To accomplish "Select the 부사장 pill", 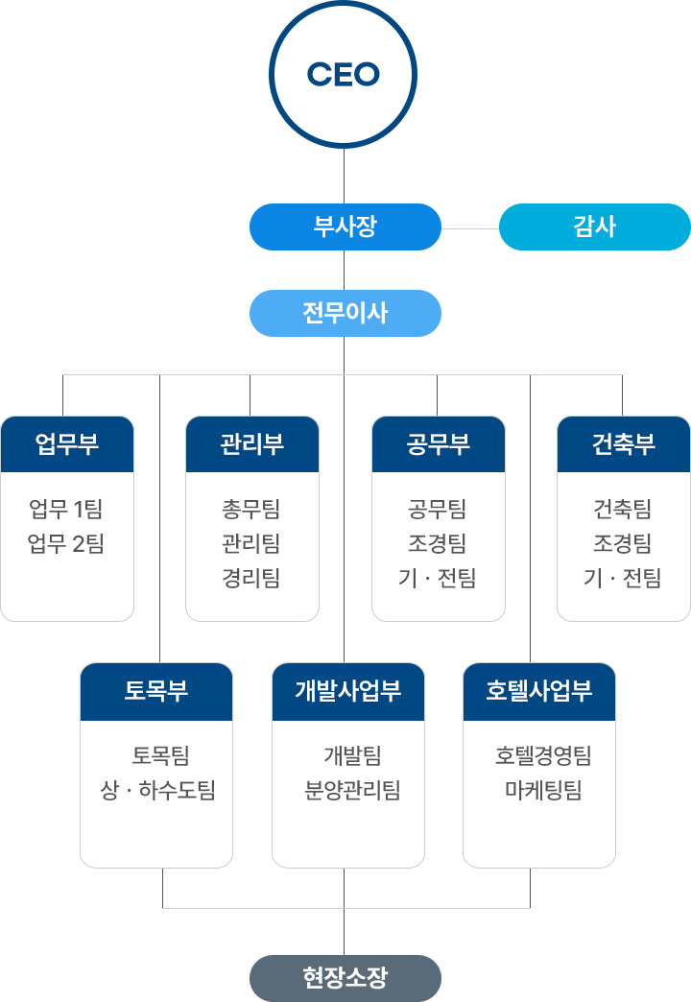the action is coord(345,227).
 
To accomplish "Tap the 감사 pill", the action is coord(594,227).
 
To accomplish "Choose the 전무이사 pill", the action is coord(345,313).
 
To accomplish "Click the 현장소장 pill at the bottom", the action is coord(345,978).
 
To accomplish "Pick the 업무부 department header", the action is coord(67,444).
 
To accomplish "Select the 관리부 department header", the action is coord(251,444).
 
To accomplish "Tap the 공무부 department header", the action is coord(439,444).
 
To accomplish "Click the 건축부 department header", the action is coord(624,444).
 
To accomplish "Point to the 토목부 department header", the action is coord(156,691).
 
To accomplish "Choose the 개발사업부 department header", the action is coord(348,691).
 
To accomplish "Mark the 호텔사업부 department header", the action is coord(538,691).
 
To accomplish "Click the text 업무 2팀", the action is coord(66,544).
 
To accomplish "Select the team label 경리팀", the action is coord(251,579).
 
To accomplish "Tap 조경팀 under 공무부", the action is coord(438,544).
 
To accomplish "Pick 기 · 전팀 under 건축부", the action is coord(622,579).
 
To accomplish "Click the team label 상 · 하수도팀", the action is coord(158,791).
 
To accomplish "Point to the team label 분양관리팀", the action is coord(352,791).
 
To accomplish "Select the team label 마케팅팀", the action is coord(543,791).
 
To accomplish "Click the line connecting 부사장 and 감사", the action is coord(470,228).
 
